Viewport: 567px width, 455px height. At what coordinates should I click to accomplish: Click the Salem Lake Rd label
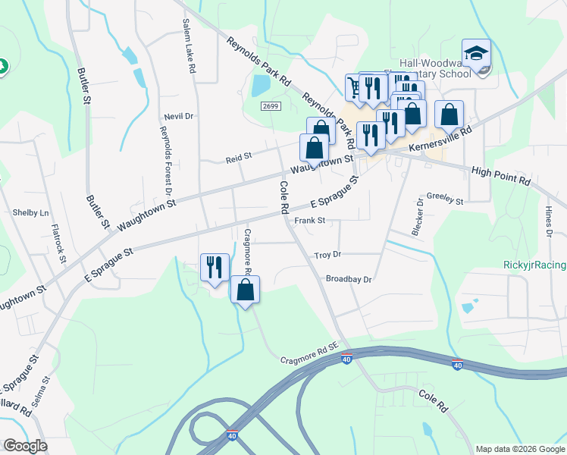coord(189,46)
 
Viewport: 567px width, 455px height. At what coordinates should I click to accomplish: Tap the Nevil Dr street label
coord(179,116)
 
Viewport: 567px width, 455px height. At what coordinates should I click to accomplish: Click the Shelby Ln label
coord(30,213)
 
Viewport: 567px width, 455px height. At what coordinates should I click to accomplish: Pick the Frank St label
coord(309,221)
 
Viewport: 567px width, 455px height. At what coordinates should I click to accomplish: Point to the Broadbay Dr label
coord(348,279)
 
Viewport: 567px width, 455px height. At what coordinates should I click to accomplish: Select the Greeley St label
coord(445,199)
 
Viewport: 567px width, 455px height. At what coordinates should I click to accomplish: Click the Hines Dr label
coord(548,220)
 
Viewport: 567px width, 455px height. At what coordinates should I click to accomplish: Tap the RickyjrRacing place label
coord(534,265)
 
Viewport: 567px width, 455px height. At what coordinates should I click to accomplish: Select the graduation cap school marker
coord(477,54)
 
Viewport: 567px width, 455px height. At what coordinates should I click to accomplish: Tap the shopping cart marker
coord(354,87)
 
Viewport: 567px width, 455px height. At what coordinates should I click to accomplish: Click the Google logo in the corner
coord(25,446)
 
